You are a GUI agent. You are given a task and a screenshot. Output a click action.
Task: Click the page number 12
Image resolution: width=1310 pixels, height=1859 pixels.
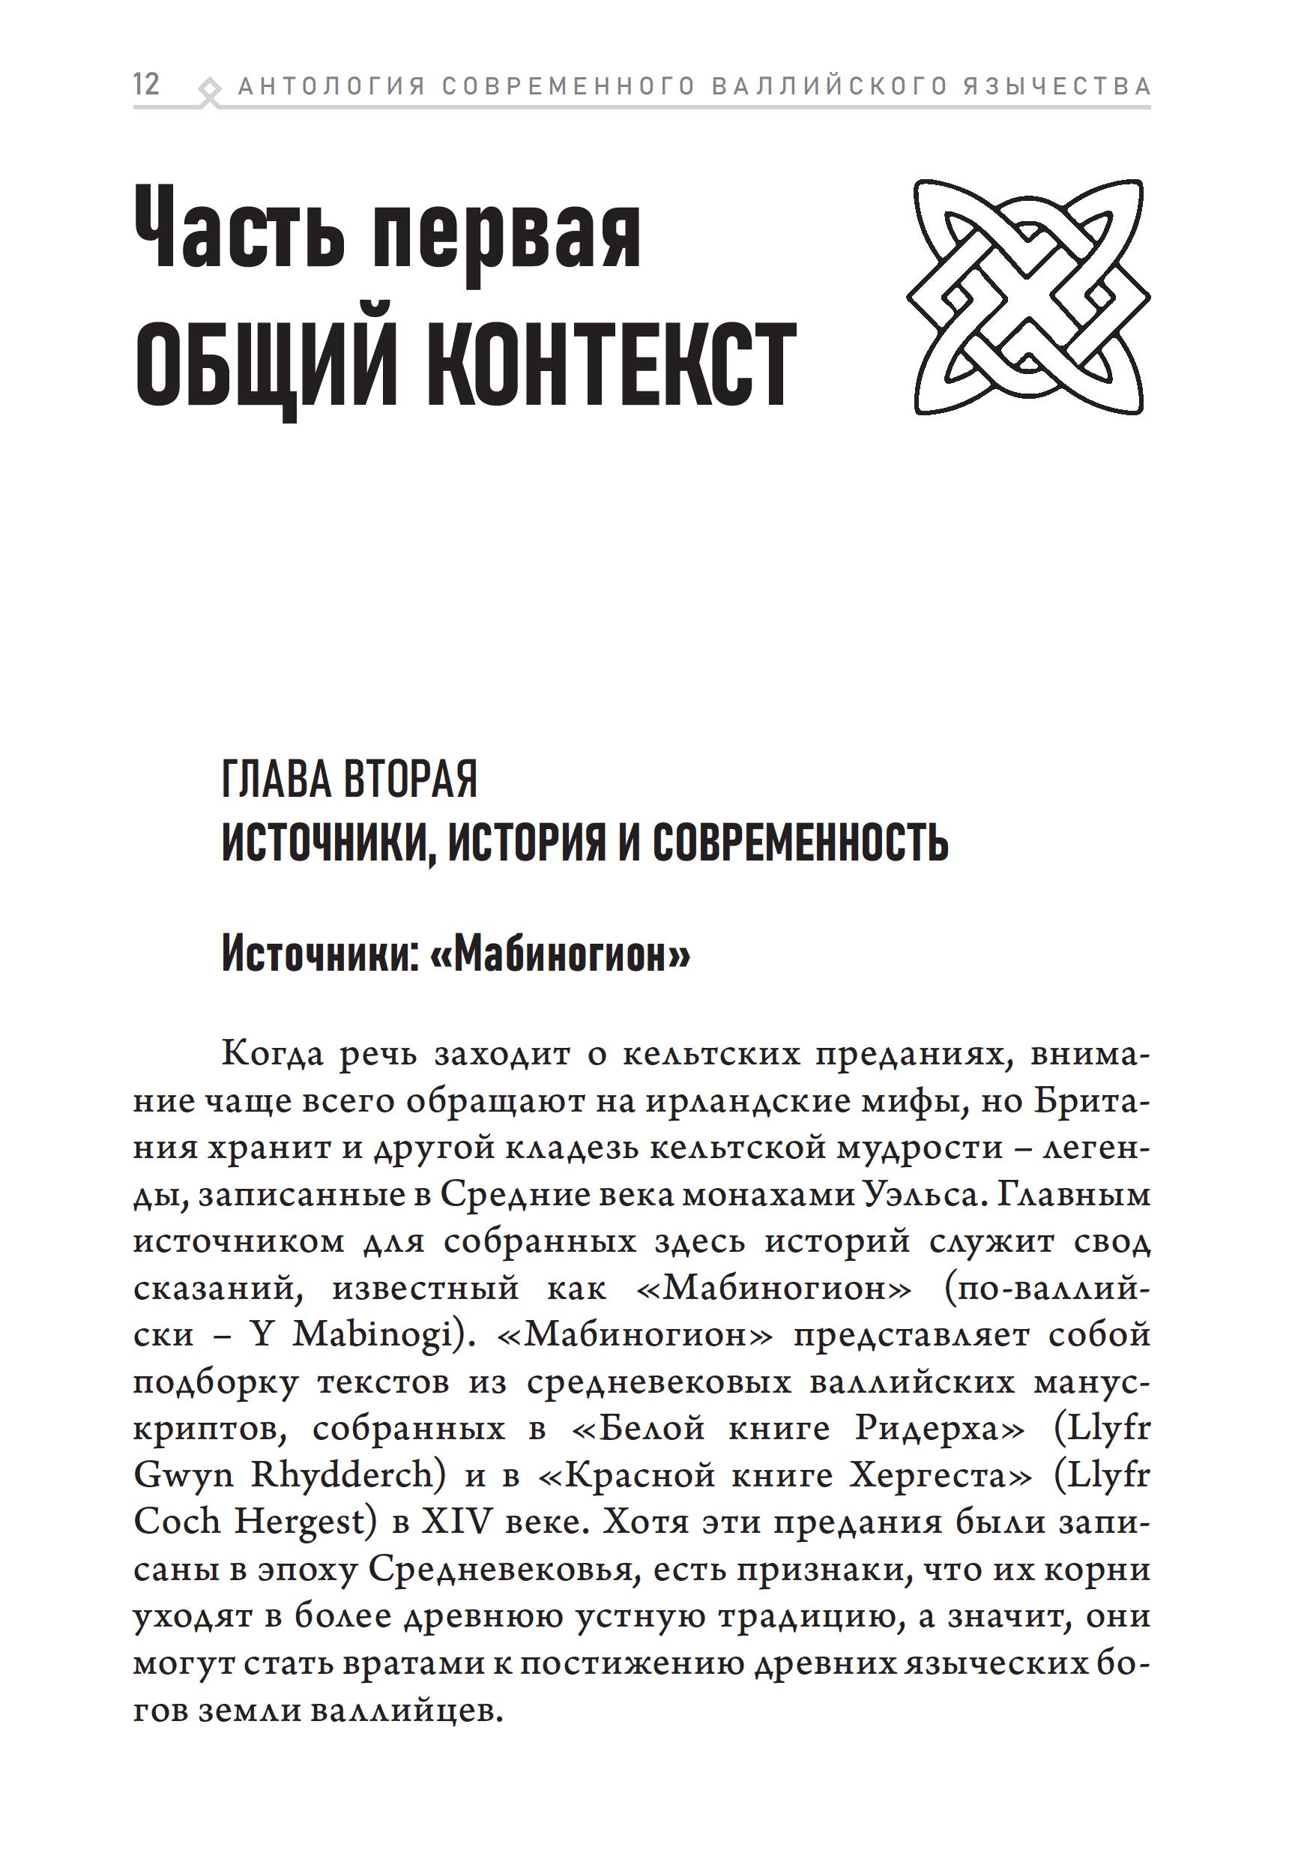[x=147, y=84]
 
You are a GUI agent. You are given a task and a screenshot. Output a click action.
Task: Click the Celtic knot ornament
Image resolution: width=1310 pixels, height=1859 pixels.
[x=1028, y=297]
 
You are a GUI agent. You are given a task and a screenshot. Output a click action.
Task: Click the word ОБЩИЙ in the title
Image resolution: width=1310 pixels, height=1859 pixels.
[x=265, y=365]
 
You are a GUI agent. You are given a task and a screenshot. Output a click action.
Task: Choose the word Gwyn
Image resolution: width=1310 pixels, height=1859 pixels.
[x=184, y=1475]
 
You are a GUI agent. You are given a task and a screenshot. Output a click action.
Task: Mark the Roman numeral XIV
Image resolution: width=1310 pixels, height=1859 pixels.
[x=456, y=1522]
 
